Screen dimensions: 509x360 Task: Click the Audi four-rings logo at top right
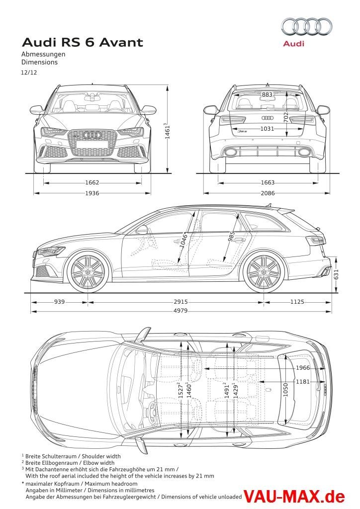coord(307,26)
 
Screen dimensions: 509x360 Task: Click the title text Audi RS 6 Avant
coord(83,43)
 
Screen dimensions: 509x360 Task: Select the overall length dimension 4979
coord(181,311)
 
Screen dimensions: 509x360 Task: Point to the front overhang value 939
coord(60,302)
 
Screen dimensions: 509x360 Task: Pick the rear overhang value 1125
coord(298,302)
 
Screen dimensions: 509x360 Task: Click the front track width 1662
coord(92,182)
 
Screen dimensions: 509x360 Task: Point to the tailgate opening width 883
coord(268,94)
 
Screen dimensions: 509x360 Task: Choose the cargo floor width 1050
coord(285,393)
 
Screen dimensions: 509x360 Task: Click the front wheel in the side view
coord(88,272)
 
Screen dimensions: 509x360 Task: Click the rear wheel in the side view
coord(264,272)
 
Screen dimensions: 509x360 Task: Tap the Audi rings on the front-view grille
coord(92,135)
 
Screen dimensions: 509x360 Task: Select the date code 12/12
coord(29,73)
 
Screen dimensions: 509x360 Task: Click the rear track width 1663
coord(268,182)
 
